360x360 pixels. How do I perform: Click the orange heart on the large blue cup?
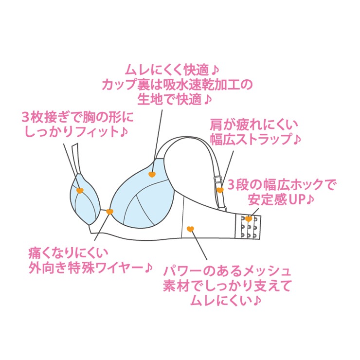pyautogui.click(x=152, y=174)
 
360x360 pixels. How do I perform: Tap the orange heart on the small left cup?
pyautogui.click(x=80, y=190)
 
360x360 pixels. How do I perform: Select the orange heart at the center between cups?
pyautogui.click(x=109, y=212)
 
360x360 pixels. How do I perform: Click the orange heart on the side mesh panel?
pyautogui.click(x=191, y=228)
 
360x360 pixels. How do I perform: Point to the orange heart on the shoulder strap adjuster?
pyautogui.click(x=220, y=190)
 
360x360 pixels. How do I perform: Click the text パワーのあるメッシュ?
pyautogui.click(x=227, y=270)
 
